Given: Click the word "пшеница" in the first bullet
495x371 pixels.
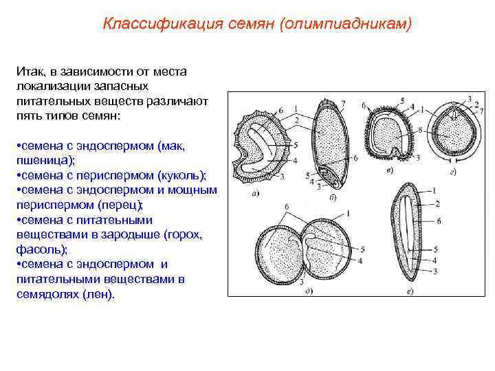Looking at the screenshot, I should pos(43,161).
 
